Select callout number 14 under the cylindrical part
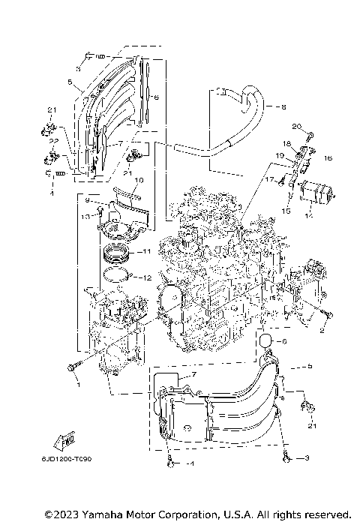(x=305, y=215)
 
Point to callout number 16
(x=328, y=159)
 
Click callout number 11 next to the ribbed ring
(x=147, y=252)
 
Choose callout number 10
(x=138, y=181)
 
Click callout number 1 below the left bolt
(x=75, y=384)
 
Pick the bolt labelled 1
(x=72, y=367)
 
